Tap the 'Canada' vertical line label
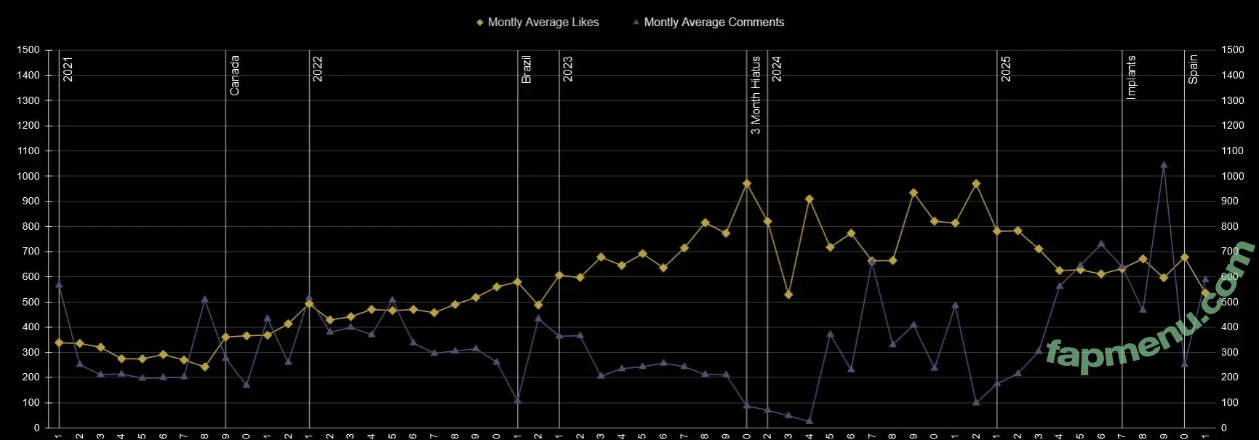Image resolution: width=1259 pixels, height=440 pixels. click(x=234, y=75)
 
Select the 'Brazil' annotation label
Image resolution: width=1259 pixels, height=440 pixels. click(x=527, y=69)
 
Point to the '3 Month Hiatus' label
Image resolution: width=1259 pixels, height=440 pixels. click(x=756, y=95)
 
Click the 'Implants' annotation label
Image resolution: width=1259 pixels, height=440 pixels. click(x=1131, y=76)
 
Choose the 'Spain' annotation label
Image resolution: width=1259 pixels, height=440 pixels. click(x=1193, y=69)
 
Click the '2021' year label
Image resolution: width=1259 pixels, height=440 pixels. click(x=68, y=69)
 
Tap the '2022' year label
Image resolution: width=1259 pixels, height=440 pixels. click(x=318, y=69)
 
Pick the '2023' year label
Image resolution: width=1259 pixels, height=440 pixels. click(x=568, y=69)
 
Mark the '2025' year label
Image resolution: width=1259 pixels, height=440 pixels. click(x=1006, y=69)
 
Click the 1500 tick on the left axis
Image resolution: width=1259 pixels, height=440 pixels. click(x=28, y=50)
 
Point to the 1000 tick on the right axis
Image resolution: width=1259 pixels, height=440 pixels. click(x=1233, y=176)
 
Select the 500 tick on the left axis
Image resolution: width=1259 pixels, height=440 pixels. click(x=31, y=302)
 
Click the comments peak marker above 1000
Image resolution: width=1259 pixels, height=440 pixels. click(x=1164, y=165)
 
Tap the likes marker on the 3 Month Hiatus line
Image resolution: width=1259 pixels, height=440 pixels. click(x=747, y=184)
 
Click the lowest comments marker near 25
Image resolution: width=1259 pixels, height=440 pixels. click(x=810, y=421)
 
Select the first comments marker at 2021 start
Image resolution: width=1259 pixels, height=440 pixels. click(x=59, y=284)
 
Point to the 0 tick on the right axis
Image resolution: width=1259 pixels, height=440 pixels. click(x=1224, y=428)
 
